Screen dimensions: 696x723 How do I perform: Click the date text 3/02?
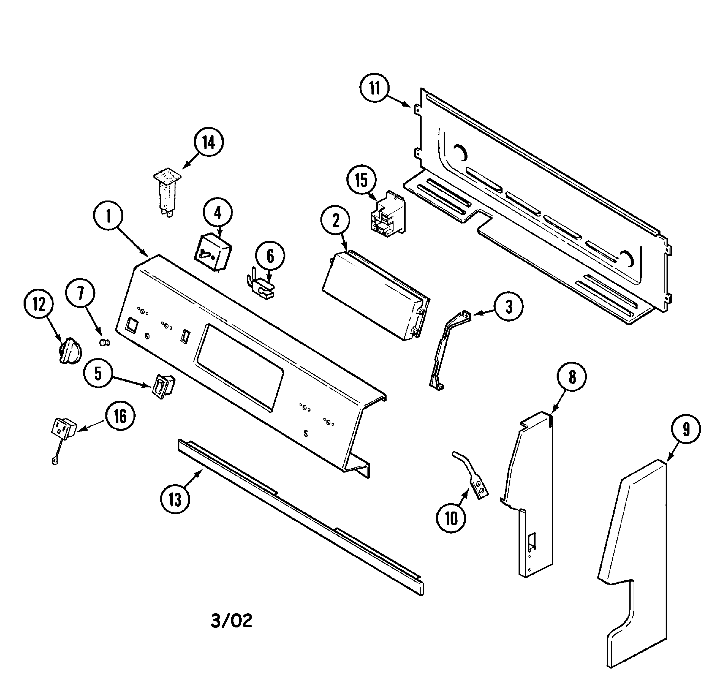(x=231, y=621)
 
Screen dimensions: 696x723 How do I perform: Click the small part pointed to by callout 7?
(x=105, y=343)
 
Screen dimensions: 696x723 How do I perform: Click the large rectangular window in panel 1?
(x=240, y=367)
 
